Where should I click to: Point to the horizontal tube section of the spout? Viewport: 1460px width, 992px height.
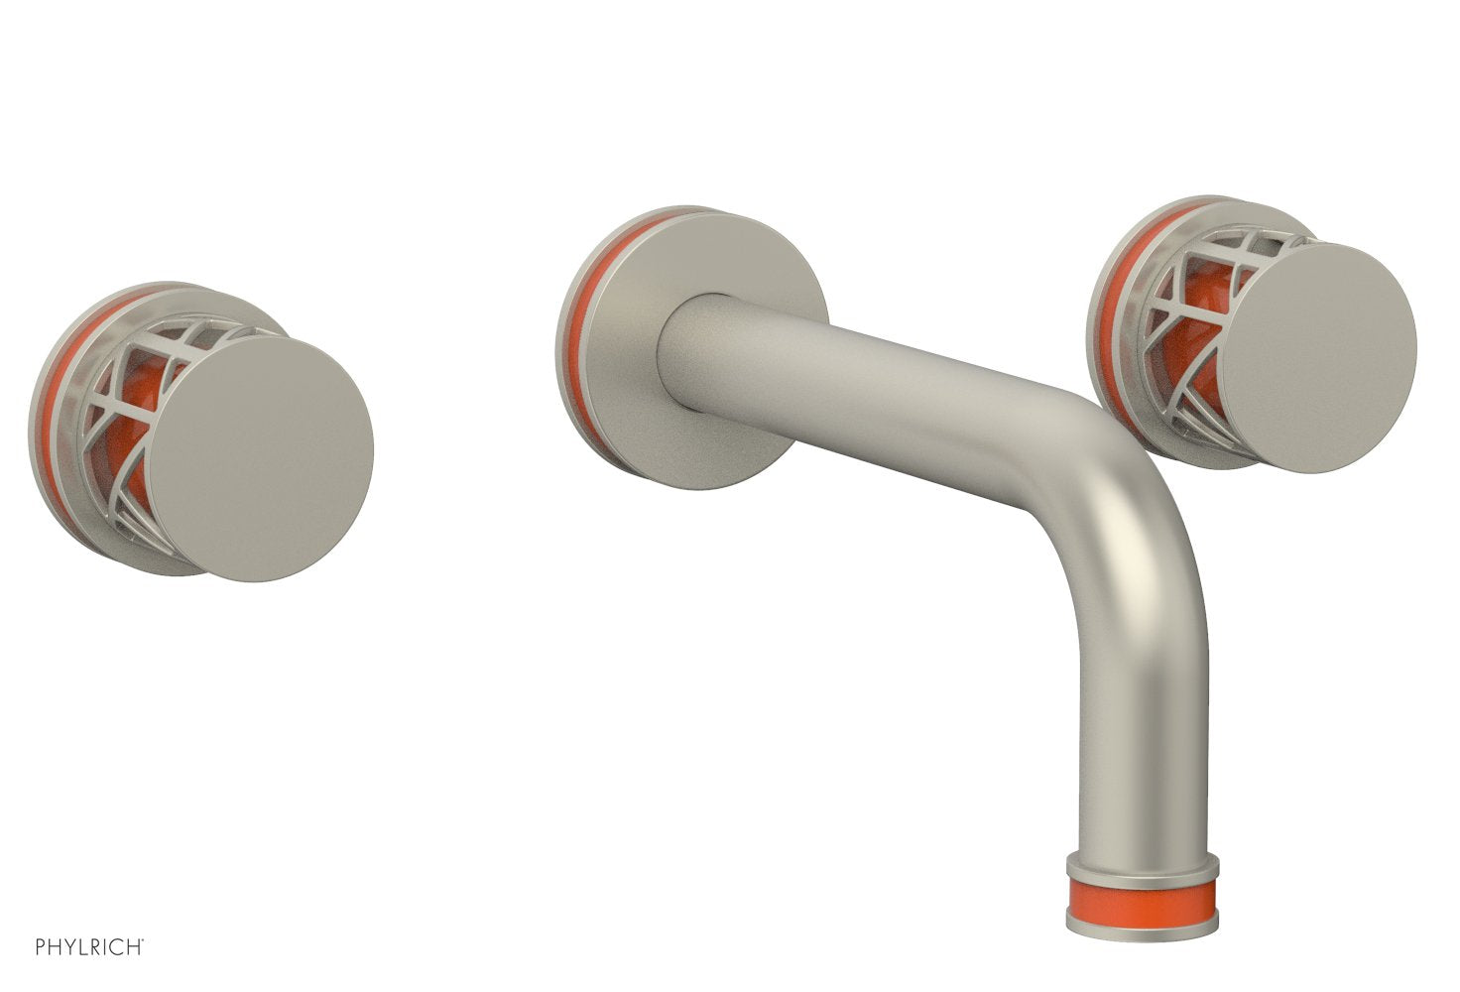pyautogui.click(x=893, y=397)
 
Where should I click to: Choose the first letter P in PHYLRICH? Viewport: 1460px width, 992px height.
pyautogui.click(x=41, y=947)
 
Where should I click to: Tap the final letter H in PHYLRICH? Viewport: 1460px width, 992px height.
pyautogui.click(x=135, y=947)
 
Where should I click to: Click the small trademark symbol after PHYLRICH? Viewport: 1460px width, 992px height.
pyautogui.click(x=145, y=941)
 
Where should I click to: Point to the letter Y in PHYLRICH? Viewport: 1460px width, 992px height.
pyautogui.click(x=68, y=947)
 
